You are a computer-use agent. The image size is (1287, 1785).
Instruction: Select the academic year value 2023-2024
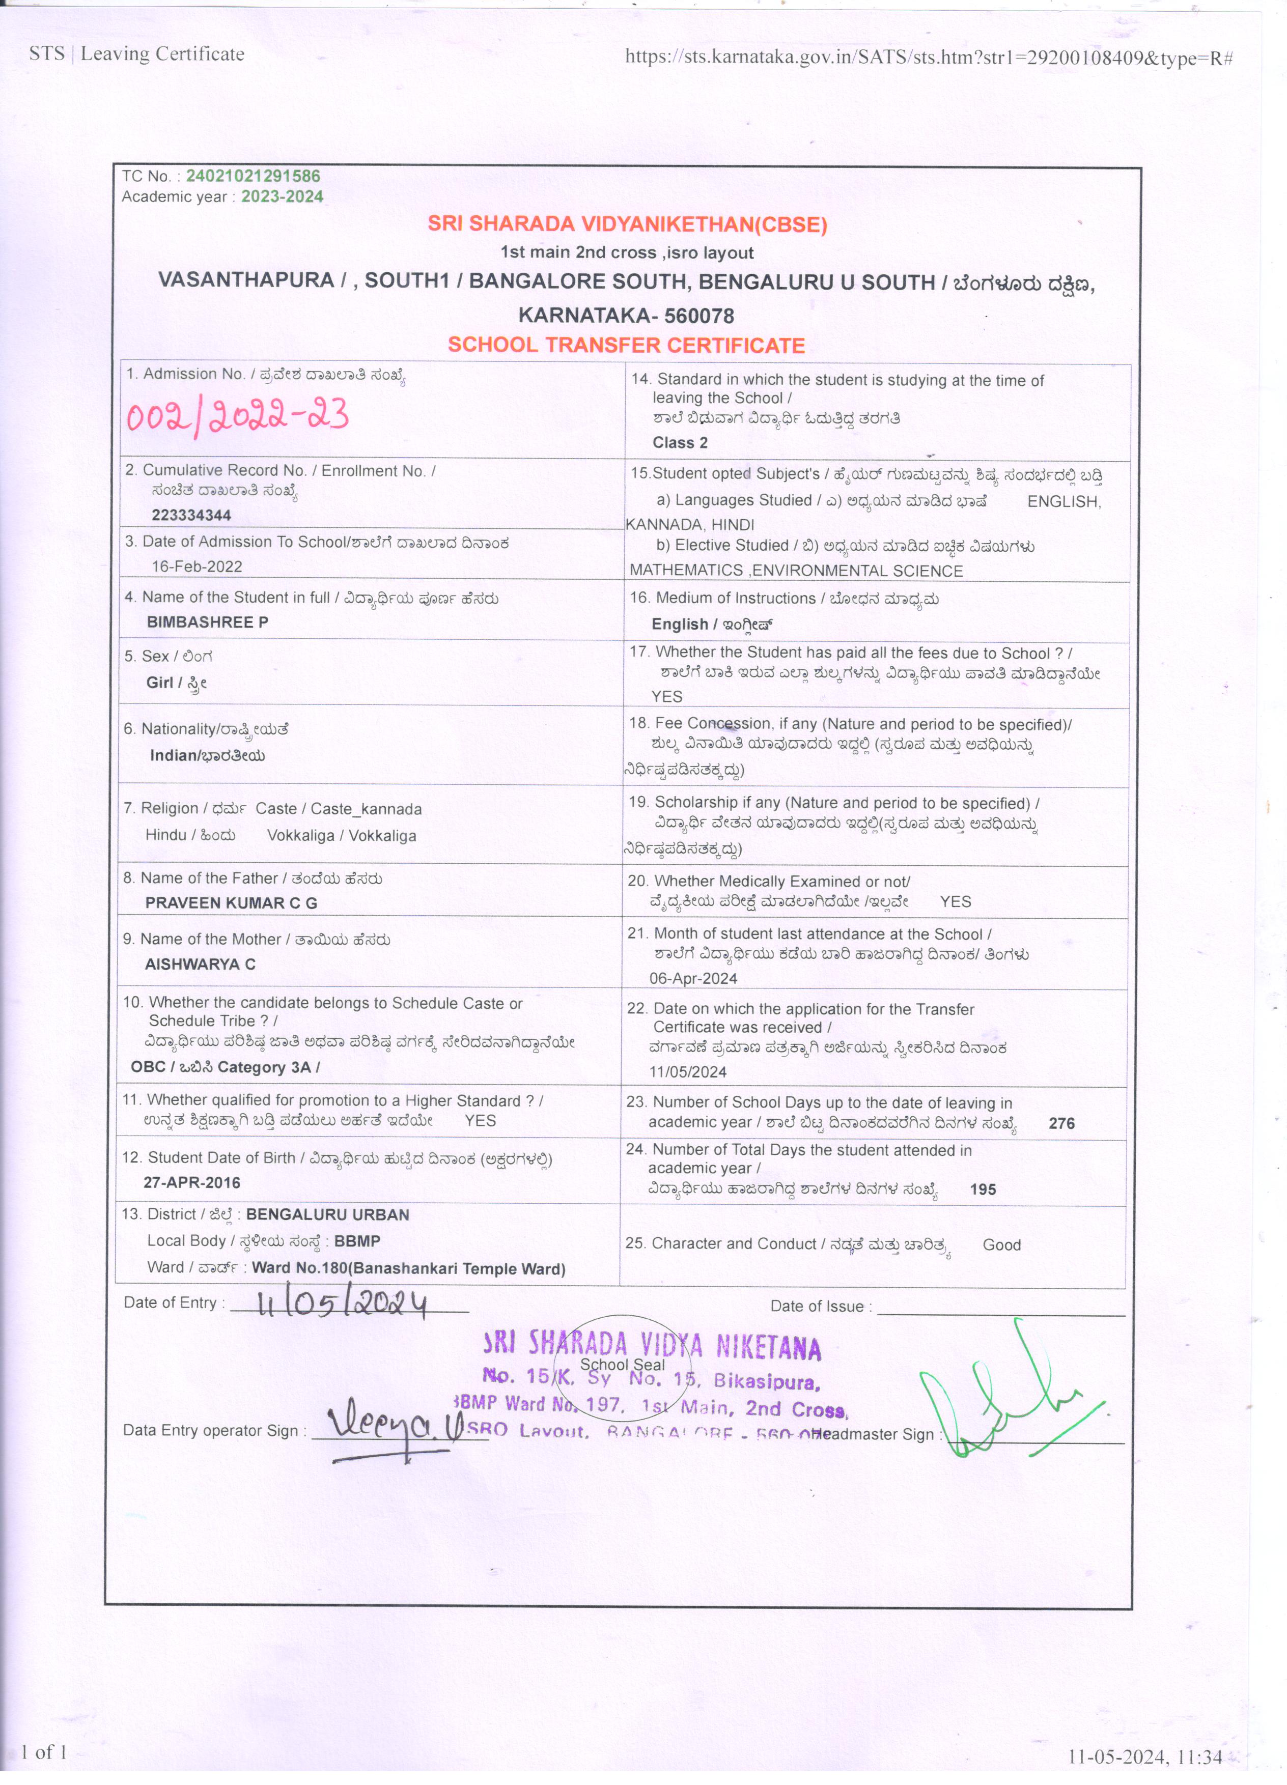coord(282,197)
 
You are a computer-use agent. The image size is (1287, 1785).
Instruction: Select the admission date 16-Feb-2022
coord(197,566)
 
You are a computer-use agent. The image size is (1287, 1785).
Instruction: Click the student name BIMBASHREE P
coord(207,622)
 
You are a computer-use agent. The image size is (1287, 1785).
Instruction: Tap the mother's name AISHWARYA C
coord(200,964)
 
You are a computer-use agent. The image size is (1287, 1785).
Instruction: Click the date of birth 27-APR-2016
coord(191,1182)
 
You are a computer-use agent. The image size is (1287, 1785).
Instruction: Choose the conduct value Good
coord(1001,1244)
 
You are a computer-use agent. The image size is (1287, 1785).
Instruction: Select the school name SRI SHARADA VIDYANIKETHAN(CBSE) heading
coord(627,224)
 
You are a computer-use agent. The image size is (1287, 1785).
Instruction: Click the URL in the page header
coord(928,56)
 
